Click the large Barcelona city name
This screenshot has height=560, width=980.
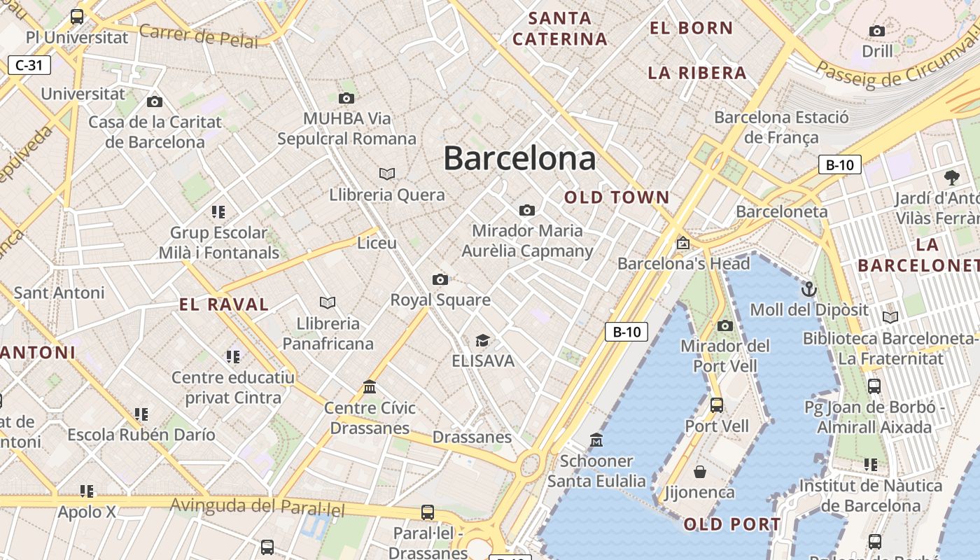519,158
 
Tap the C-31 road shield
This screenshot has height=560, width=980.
29,66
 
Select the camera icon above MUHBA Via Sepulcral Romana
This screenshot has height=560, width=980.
346,98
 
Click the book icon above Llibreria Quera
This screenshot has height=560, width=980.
386,173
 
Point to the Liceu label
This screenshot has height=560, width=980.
377,243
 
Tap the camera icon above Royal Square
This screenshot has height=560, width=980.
440,279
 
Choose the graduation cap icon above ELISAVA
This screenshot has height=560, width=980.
482,340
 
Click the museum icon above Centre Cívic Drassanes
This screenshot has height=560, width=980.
370,386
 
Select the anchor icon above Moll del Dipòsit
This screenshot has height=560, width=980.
808,288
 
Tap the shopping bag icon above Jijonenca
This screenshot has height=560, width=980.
699,471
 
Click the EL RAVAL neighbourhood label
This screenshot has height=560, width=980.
224,304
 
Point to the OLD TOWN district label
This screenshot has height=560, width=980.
617,197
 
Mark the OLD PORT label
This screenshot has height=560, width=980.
731,524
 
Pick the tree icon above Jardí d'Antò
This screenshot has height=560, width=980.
951,177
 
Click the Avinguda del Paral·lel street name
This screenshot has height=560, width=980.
258,507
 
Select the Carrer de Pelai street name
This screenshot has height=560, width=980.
198,35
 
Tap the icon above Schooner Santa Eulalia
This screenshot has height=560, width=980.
596,440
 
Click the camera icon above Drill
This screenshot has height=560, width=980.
876,31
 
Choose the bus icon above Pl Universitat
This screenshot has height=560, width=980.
77,16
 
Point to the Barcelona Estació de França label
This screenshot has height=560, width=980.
781,127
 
